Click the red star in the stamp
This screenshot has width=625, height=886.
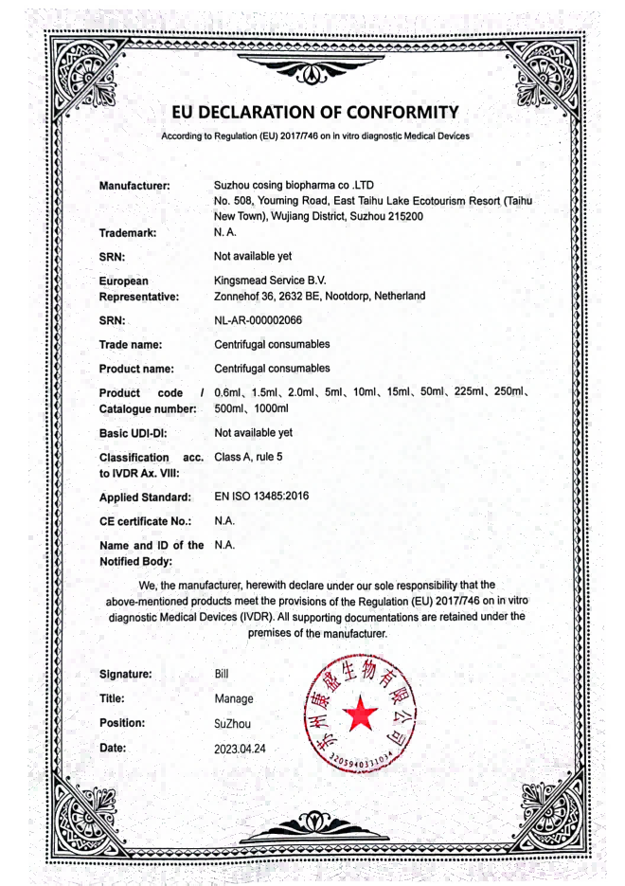pos(358,717)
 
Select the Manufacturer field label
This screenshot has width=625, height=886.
pos(134,186)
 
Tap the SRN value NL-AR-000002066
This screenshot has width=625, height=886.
pos(259,320)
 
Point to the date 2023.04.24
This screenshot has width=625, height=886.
pos(241,748)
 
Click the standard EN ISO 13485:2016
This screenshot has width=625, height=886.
pos(261,495)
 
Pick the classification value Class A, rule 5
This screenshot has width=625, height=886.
pos(248,456)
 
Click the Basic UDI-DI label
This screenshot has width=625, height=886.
pos(134,432)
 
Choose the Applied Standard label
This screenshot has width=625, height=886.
pos(145,497)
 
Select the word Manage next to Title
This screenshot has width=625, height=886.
pos(234,698)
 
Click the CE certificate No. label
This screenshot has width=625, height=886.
pos(146,520)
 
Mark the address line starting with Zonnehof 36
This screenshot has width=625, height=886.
pos(320,296)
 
